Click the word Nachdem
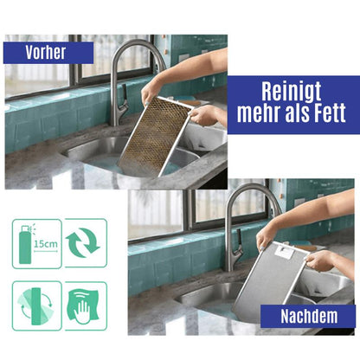[x=307, y=317]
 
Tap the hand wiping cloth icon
[x=85, y=306]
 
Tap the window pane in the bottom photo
[x=156, y=212]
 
